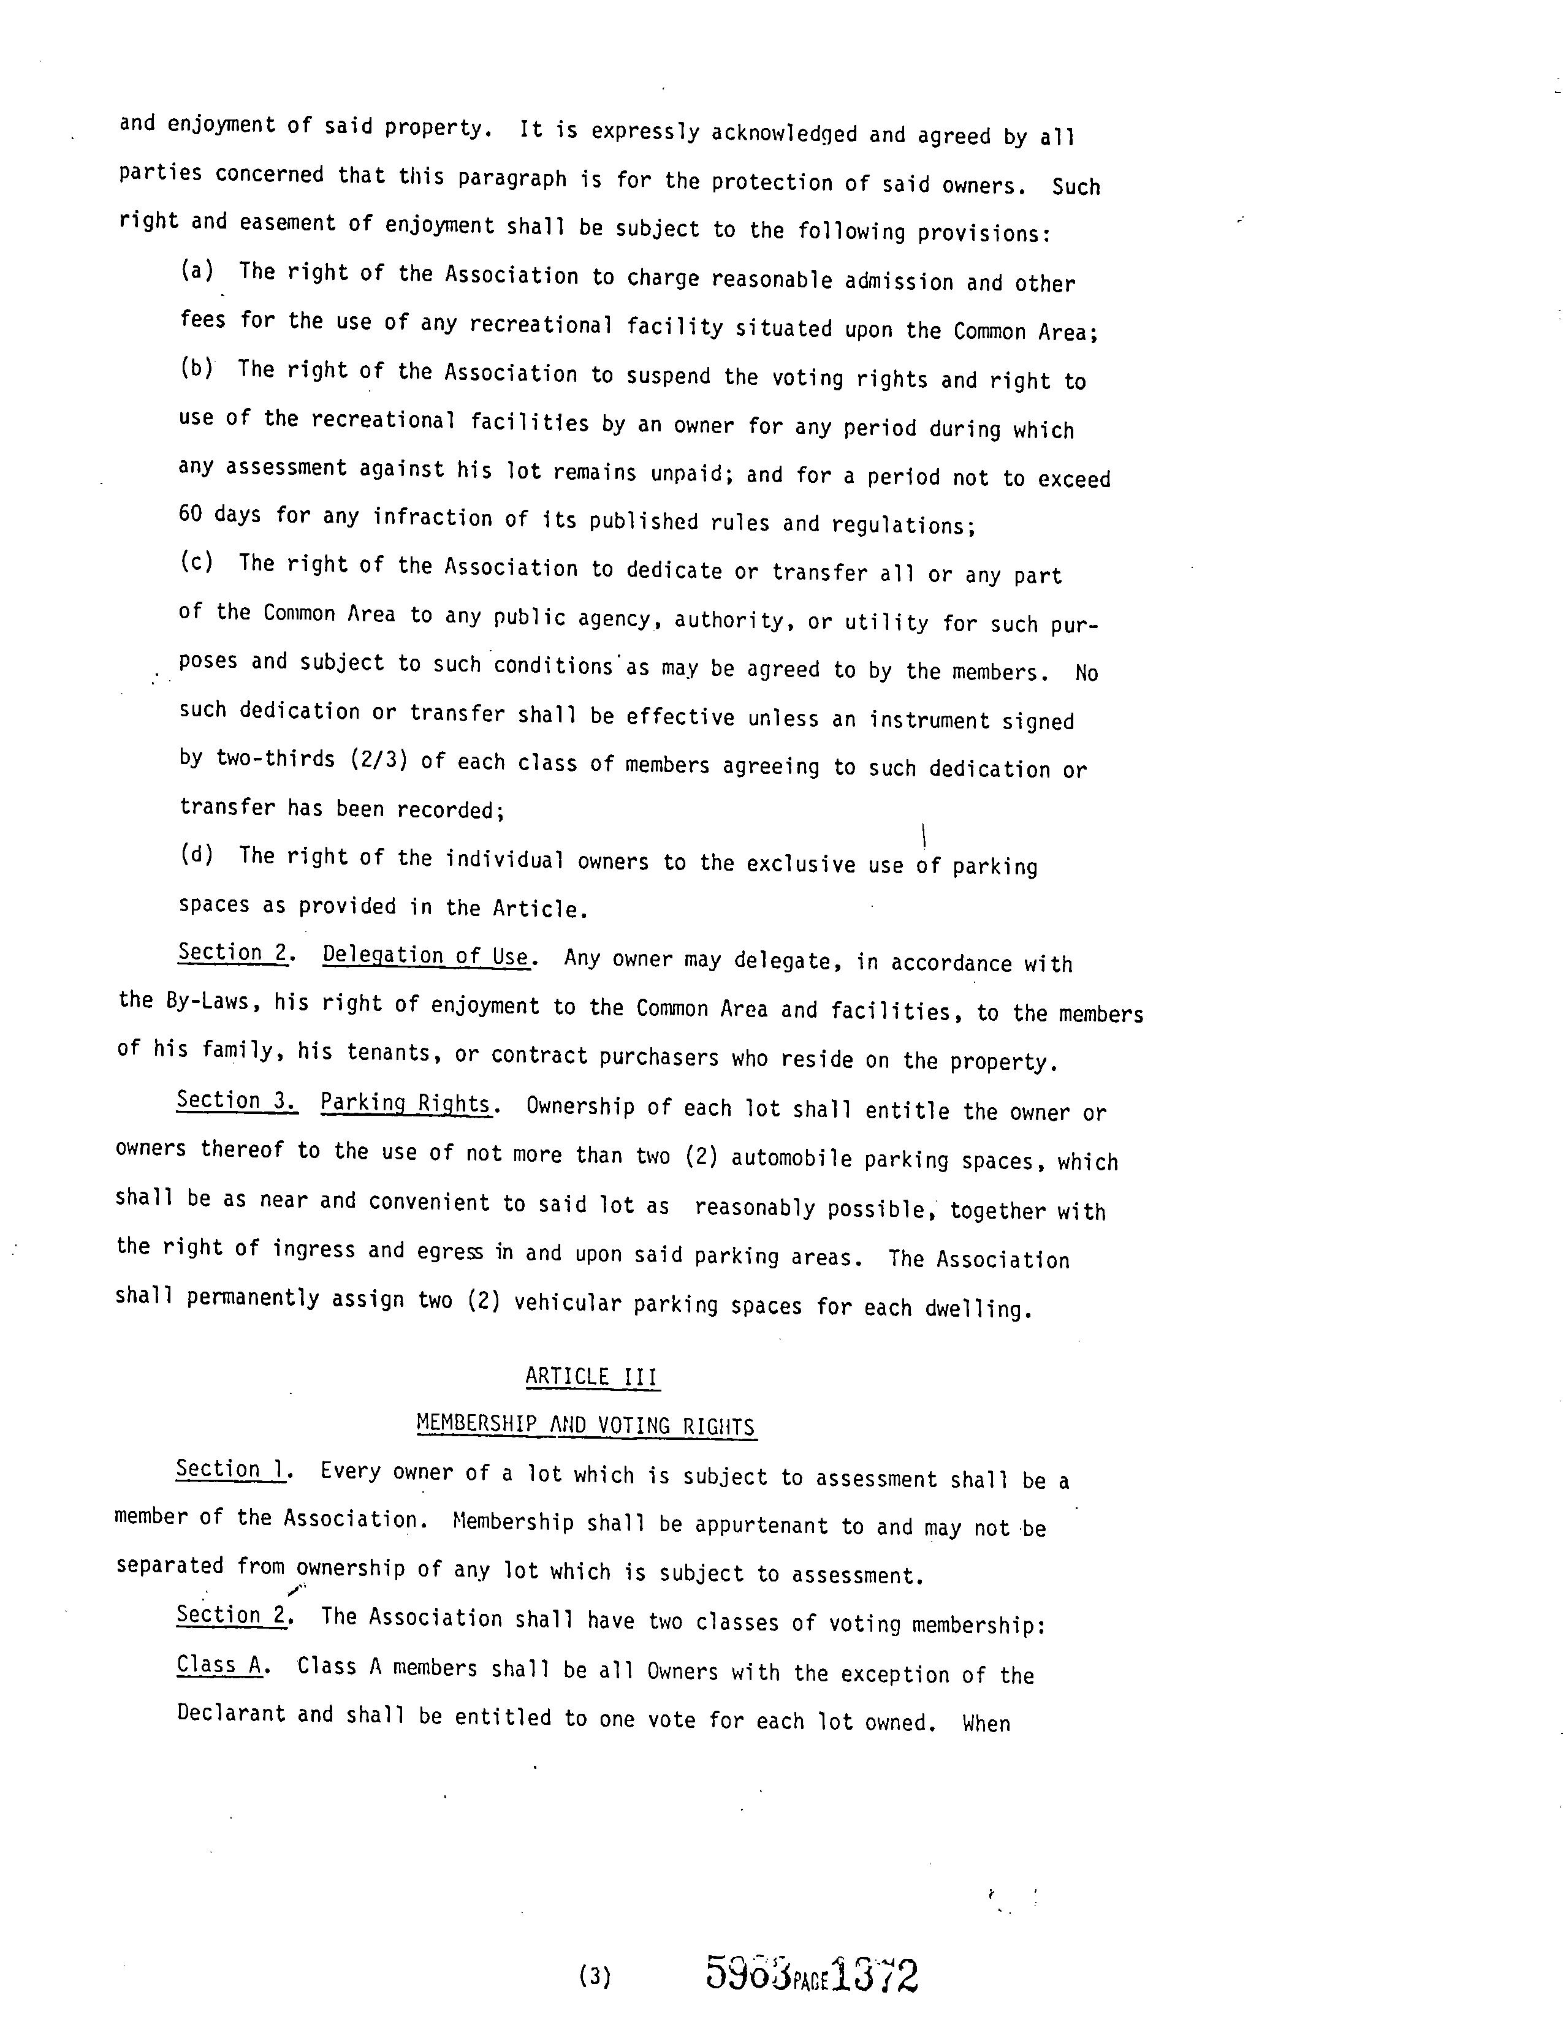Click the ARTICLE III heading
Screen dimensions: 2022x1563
[591, 1377]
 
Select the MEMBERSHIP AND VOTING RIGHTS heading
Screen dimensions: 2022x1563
[585, 1425]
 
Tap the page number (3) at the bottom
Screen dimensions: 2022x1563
[595, 1977]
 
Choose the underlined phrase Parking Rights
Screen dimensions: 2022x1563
[405, 1104]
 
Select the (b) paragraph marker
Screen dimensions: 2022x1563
[196, 368]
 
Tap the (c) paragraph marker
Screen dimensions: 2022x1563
[196, 562]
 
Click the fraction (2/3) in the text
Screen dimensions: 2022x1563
[379, 760]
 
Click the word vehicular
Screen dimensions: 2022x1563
[567, 1303]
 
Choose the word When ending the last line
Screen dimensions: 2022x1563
[986, 1723]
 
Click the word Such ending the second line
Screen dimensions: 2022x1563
[1076, 186]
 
